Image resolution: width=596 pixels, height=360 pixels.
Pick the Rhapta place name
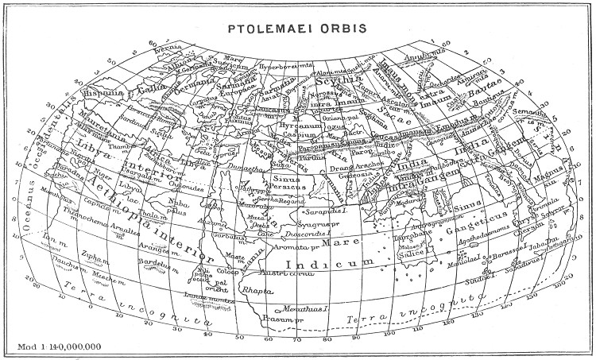pyautogui.click(x=257, y=291)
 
